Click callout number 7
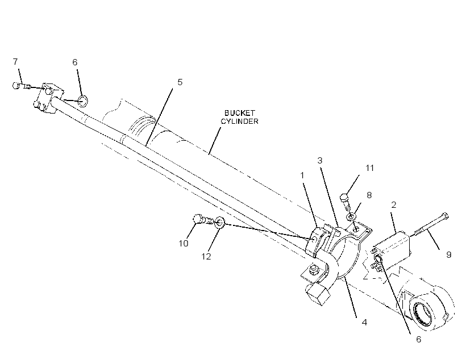15,61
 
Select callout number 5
180,82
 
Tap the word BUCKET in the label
240,113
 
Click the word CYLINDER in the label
240,121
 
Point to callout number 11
369,168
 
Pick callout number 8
369,195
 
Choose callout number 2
394,204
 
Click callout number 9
449,254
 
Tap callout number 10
184,243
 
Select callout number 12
206,256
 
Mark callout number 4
364,323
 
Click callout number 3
320,160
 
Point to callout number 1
302,175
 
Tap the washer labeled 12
219,222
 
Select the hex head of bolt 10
198,219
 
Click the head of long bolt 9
445,216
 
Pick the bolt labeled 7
22,86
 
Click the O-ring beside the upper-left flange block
82,101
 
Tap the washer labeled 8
351,216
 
